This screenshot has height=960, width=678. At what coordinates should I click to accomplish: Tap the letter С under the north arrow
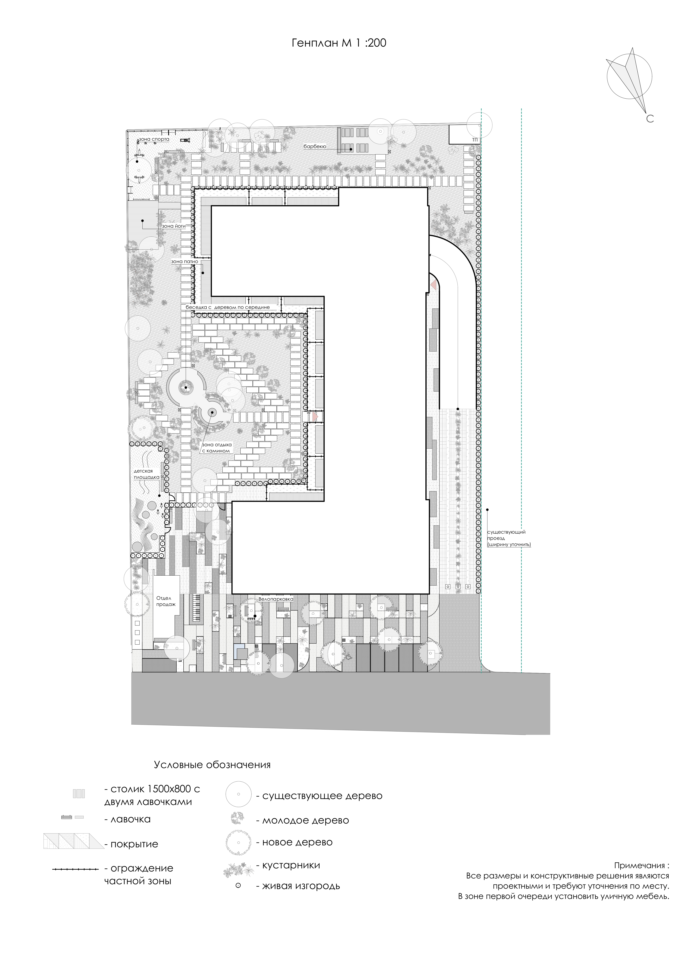[650, 119]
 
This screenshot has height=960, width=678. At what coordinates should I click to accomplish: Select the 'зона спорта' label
[155, 138]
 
